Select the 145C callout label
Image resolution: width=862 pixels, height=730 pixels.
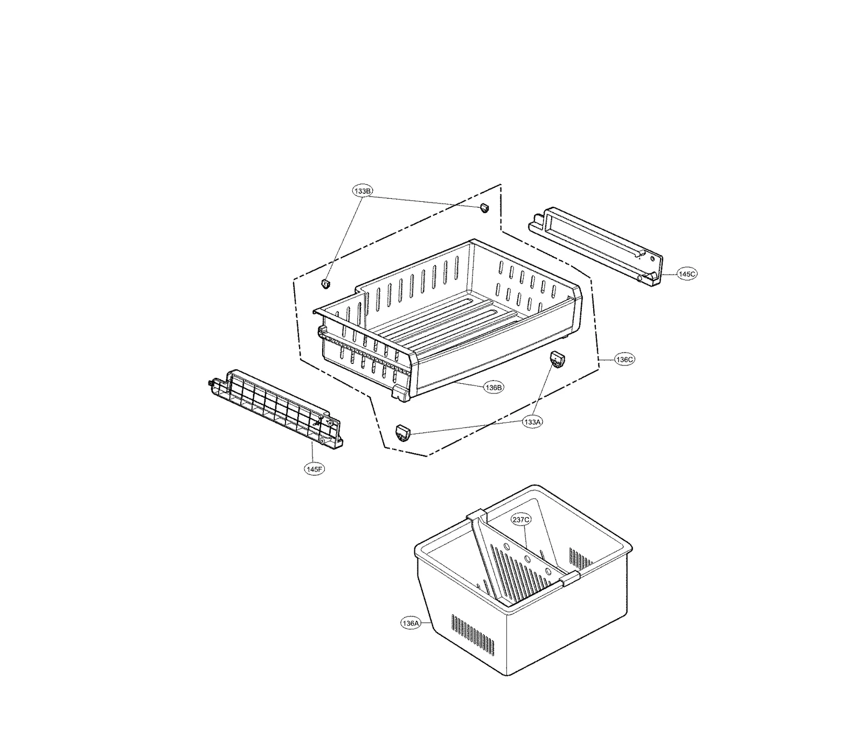687,274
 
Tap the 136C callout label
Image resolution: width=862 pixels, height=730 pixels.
624,359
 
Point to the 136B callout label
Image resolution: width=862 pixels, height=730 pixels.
493,387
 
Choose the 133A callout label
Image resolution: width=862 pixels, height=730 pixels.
532,422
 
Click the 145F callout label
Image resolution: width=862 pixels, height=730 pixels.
314,468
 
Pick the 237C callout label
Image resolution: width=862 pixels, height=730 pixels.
521,520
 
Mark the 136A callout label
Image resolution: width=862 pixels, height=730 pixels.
410,623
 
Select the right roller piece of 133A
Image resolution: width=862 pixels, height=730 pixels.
557,359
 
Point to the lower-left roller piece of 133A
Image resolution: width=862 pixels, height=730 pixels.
403,432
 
